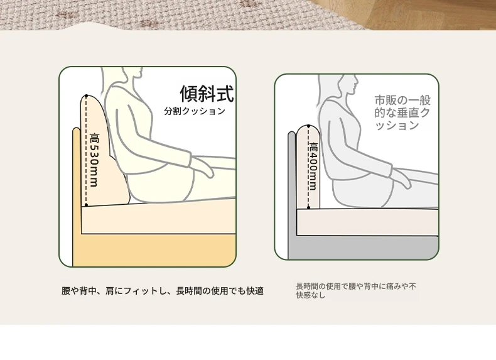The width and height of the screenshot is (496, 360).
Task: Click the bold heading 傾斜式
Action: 207,94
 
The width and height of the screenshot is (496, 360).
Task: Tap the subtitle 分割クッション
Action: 195,111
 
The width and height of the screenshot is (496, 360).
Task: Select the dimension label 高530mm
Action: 94,160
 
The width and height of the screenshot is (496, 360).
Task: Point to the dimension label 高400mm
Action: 313,166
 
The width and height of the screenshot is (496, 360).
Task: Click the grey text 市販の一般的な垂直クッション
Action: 402,112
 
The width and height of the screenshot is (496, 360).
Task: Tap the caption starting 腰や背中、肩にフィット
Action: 163,291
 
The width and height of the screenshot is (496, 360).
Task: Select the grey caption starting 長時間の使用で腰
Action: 356,291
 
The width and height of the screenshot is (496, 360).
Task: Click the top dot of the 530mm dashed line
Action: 87,95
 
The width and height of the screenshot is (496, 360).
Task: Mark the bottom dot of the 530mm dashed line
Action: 87,205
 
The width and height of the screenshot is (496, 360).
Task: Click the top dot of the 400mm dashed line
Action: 309,126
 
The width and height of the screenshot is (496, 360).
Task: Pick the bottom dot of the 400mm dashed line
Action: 309,207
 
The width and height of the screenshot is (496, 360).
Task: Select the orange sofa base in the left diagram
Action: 154,249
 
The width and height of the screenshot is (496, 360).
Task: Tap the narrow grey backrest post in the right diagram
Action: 292,195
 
